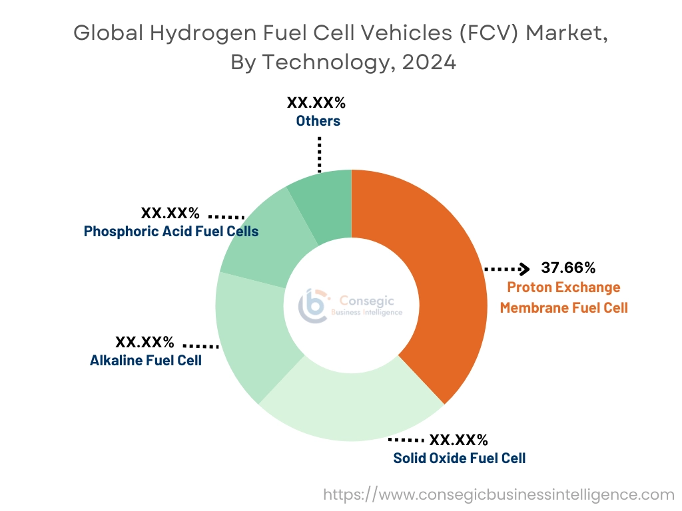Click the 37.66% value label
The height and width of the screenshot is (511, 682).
[x=568, y=268]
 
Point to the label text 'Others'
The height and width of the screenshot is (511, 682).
[x=318, y=121]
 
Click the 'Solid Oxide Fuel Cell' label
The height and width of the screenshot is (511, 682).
[x=459, y=458]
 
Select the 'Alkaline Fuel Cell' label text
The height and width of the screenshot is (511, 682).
[x=146, y=361]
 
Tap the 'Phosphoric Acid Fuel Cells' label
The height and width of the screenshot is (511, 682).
[x=171, y=232]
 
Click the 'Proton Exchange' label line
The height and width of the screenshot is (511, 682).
[x=563, y=287]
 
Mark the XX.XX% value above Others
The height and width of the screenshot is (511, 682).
[x=316, y=103]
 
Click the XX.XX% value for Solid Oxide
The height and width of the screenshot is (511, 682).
[x=459, y=440]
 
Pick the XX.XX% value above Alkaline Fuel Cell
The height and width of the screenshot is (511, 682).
[x=145, y=343]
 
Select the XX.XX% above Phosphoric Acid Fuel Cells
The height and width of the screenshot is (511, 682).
[x=170, y=214]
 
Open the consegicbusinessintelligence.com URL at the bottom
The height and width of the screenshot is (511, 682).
[x=499, y=494]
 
